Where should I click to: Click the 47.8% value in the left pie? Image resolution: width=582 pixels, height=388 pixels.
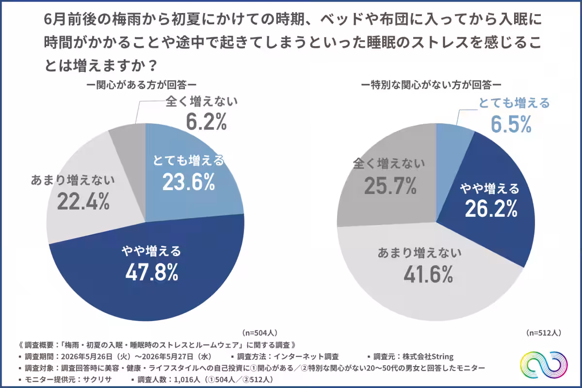[x=152, y=272]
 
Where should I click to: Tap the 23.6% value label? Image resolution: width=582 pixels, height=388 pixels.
[x=189, y=182]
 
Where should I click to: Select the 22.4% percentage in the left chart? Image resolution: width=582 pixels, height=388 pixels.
[x=83, y=201]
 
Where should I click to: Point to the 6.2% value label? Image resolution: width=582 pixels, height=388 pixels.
[x=206, y=121]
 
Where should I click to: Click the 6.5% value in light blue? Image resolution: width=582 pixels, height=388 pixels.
[x=511, y=124]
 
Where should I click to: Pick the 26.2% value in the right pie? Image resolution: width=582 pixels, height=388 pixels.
[x=491, y=209]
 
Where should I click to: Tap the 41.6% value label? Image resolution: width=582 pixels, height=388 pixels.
[x=428, y=274]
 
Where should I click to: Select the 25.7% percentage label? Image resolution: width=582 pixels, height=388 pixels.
[x=390, y=186]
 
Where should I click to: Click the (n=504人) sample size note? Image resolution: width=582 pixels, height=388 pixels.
[x=260, y=333]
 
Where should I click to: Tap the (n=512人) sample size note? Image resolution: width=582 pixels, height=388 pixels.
[x=544, y=333]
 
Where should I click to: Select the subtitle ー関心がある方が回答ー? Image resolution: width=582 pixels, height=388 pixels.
[x=141, y=85]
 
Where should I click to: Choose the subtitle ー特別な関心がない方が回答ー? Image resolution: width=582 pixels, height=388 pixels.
[x=431, y=85]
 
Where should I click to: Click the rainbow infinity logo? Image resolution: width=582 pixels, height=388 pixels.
[x=544, y=365]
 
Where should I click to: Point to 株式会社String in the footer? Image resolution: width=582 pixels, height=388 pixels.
[x=428, y=356]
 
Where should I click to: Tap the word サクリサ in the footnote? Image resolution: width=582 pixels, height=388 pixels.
[x=97, y=379]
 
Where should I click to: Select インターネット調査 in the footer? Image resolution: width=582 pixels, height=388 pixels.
[x=307, y=356]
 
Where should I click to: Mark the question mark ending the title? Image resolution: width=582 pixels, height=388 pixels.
[x=153, y=65]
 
